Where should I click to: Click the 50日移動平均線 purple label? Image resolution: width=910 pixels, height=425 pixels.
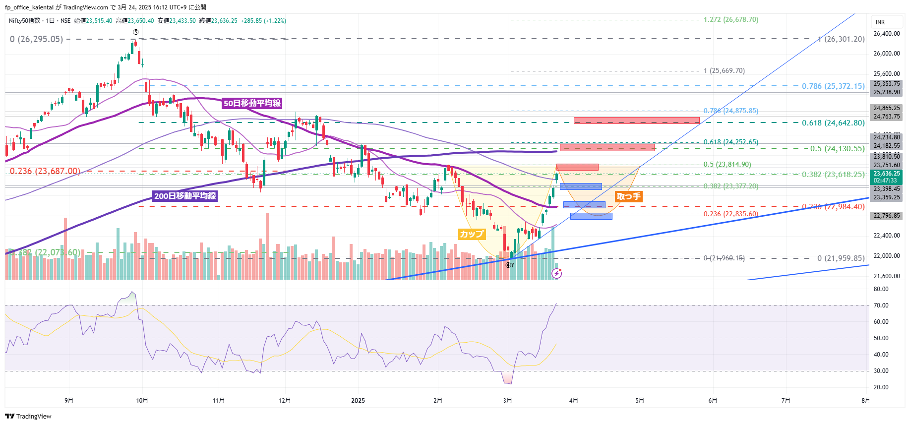pyautogui.click(x=252, y=103)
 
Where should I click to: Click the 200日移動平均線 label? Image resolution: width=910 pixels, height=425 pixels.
pyautogui.click(x=185, y=196)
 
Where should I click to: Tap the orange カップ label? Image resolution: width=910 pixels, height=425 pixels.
pyautogui.click(x=471, y=234)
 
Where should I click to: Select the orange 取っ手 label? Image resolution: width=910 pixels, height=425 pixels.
pyautogui.click(x=628, y=196)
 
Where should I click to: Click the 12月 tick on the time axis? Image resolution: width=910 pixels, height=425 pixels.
pyautogui.click(x=285, y=401)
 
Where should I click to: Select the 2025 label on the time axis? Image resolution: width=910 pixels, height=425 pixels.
pyautogui.click(x=358, y=401)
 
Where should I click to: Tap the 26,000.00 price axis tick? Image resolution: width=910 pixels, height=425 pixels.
pyautogui.click(x=887, y=54)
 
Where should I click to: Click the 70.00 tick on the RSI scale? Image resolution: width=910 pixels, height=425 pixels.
pyautogui.click(x=881, y=305)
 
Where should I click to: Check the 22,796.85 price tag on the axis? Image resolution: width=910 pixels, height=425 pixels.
pyautogui.click(x=887, y=216)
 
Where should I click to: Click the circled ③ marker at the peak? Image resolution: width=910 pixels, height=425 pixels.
pyautogui.click(x=135, y=32)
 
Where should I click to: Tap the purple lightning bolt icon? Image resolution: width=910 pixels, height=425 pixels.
pyautogui.click(x=557, y=273)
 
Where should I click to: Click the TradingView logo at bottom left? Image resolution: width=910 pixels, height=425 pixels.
pyautogui.click(x=28, y=416)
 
